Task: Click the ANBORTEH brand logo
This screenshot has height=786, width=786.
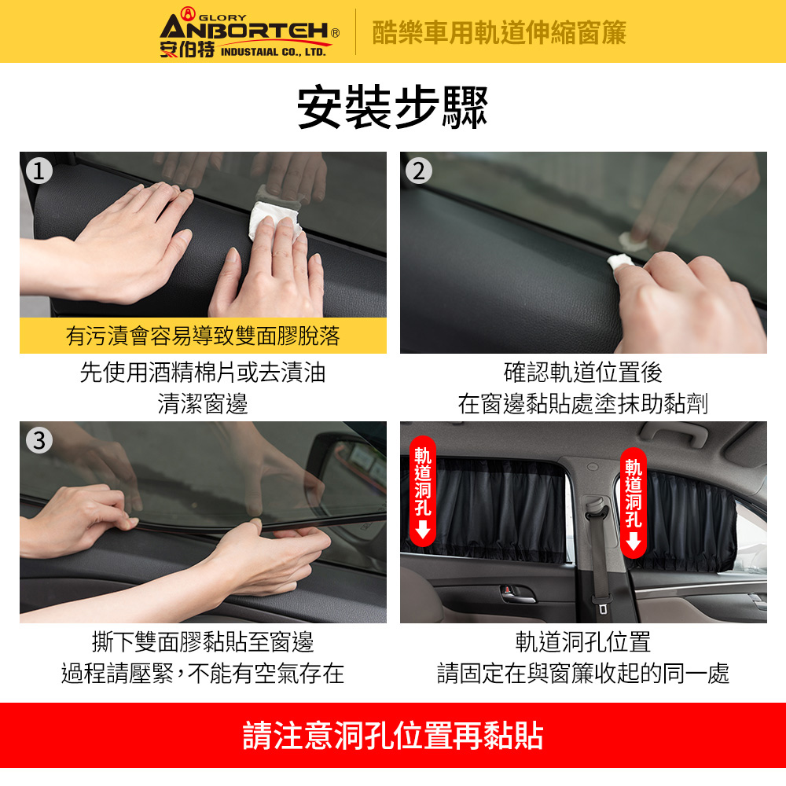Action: point(250,32)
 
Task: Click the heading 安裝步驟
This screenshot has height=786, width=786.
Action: point(392,107)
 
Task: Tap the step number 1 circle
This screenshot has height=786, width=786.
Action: point(39,171)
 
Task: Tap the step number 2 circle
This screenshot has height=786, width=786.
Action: point(419,171)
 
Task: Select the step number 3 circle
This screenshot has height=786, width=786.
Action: point(39,441)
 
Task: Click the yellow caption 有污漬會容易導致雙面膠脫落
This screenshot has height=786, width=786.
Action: point(203,336)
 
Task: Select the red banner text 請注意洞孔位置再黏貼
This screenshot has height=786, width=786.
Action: point(393,736)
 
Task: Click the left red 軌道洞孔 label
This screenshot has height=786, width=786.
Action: point(423,491)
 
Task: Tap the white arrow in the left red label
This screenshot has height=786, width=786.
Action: point(423,529)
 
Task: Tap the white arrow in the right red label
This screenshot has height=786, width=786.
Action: point(634,542)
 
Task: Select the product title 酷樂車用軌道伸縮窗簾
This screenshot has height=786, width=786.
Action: point(499,33)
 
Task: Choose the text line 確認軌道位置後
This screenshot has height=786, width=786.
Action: point(583,372)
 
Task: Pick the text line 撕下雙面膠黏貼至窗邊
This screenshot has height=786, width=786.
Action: point(203,642)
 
